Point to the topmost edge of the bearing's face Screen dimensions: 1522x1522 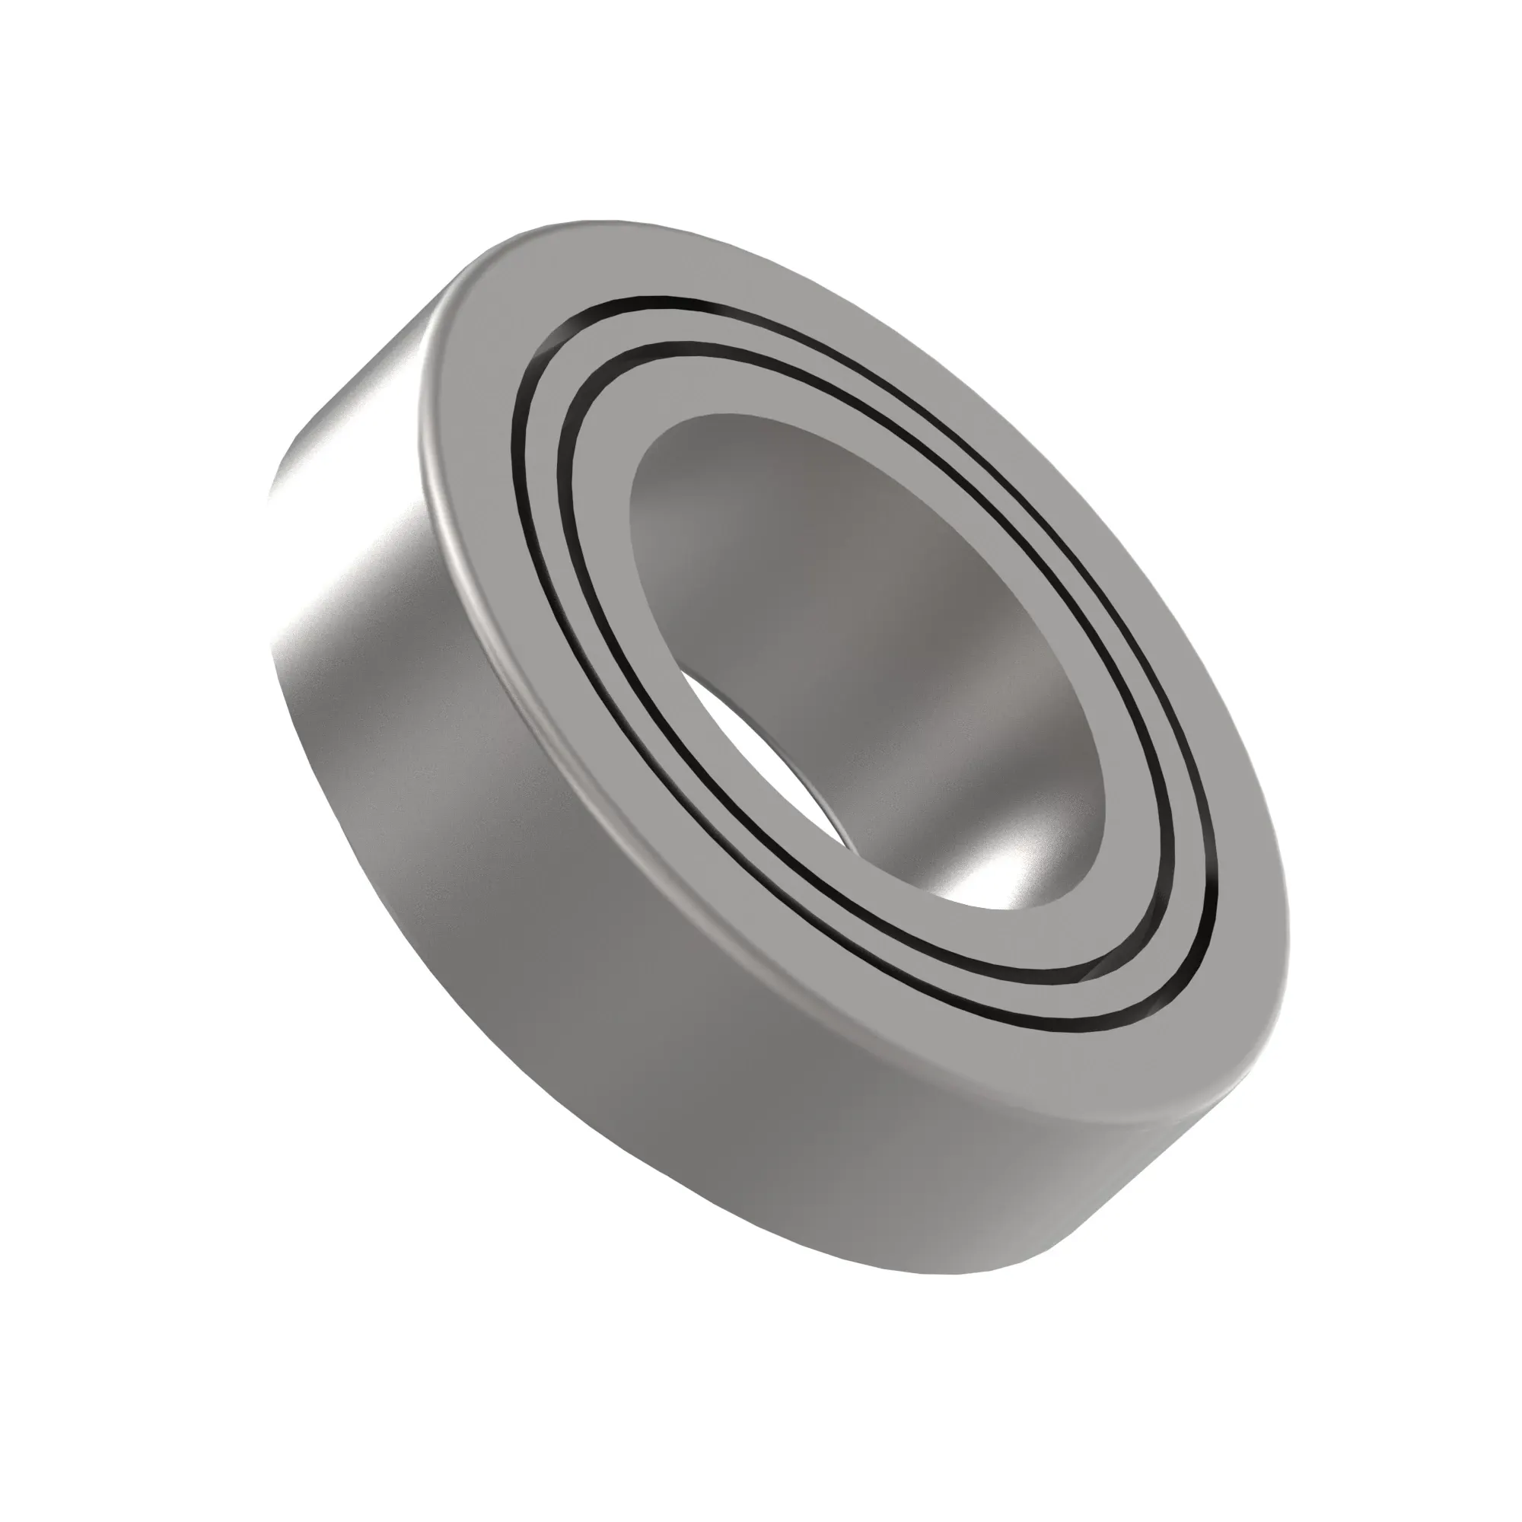[599, 221]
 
